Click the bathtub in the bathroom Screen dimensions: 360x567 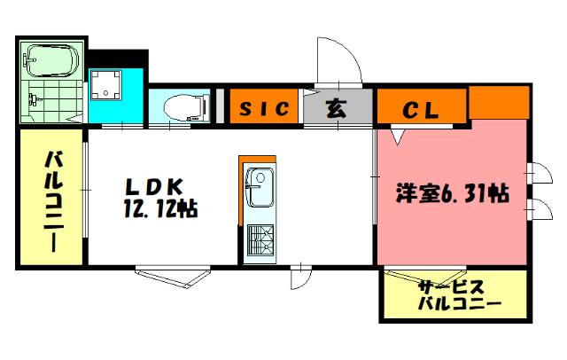pos(52,60)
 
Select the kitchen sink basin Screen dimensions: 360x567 pos(260,187)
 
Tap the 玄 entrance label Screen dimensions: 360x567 pos(336,108)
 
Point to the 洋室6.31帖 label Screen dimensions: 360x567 pos(451,193)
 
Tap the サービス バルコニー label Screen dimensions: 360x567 pos(457,294)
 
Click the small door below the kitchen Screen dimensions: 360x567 pos(299,277)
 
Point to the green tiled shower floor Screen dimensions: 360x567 pos(51,103)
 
